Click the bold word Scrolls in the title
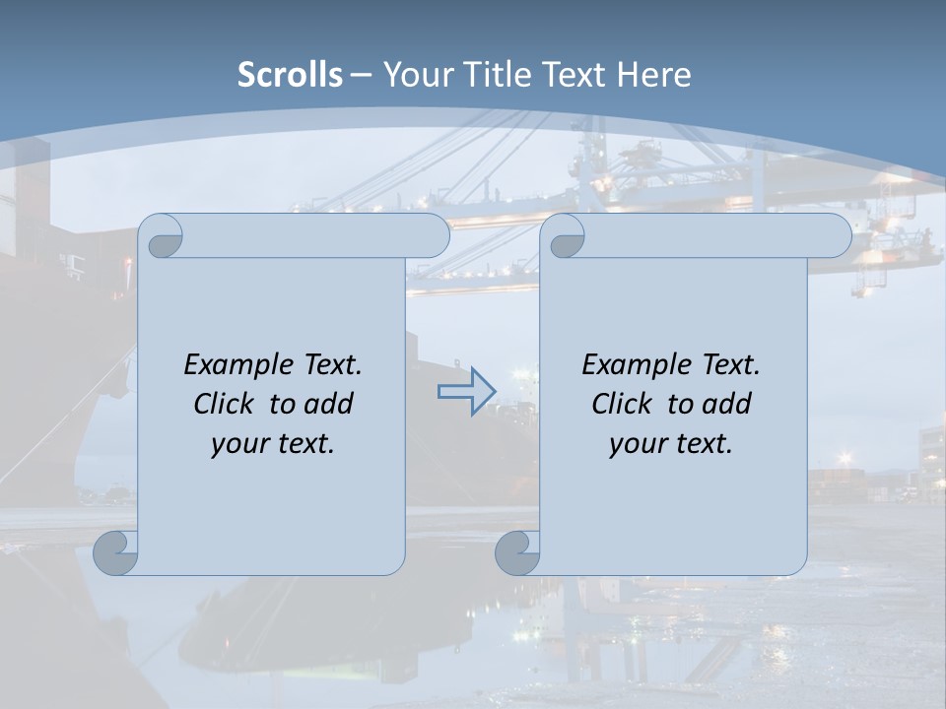(291, 75)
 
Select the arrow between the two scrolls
(466, 391)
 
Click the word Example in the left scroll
(234, 364)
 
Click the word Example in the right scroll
(632, 364)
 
